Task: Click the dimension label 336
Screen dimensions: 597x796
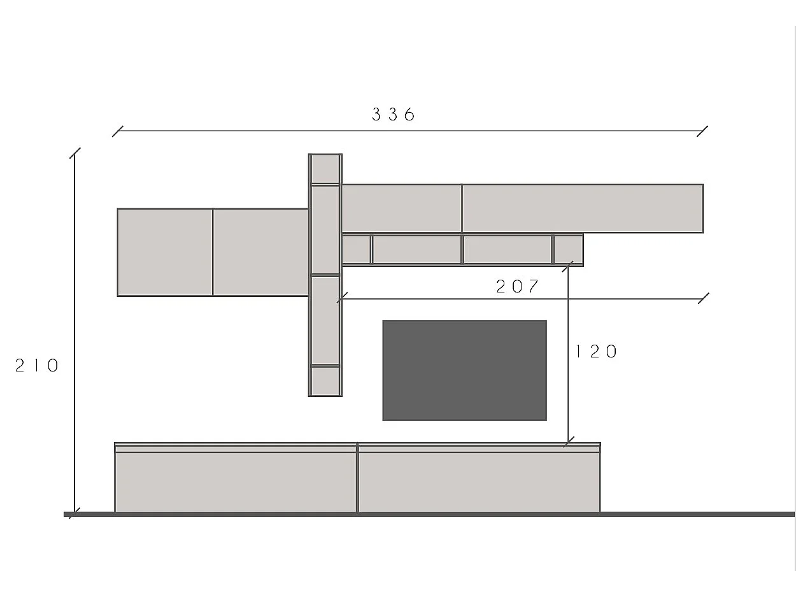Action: pos(393,115)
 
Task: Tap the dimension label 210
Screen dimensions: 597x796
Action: pos(37,366)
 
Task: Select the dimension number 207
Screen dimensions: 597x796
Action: pos(517,287)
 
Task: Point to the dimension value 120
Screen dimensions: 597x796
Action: pos(597,352)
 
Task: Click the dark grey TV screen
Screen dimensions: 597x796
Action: pos(464,370)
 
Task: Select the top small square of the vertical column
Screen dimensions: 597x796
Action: pos(325,169)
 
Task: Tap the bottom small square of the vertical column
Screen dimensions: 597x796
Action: pos(325,381)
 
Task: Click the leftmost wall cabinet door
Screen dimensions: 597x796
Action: pos(165,252)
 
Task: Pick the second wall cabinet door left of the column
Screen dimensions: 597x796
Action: pos(260,252)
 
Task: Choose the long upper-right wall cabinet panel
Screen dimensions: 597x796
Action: pos(582,208)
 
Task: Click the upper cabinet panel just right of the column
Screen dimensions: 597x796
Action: pos(402,208)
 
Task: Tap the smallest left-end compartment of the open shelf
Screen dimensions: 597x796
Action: pos(356,250)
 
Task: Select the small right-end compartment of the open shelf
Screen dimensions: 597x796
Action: pos(568,250)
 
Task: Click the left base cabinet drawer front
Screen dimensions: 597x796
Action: pos(236,481)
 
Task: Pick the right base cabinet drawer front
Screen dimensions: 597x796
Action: pos(479,481)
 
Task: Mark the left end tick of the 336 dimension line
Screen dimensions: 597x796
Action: pos(117,131)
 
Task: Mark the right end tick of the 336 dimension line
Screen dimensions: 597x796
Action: pos(702,131)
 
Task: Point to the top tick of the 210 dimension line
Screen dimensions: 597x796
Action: pos(75,153)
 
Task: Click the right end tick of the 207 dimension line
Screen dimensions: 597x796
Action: pos(704,298)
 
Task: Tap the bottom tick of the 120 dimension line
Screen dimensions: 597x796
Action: pos(568,442)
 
